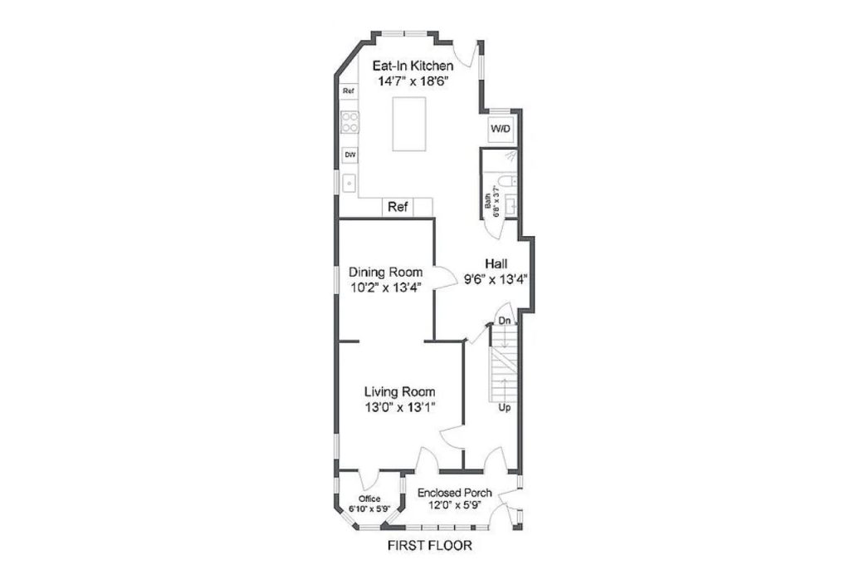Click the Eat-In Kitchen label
coord(413,66)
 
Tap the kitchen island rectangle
coord(408,125)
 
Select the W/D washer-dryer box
coord(501,129)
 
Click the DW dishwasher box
coord(350,155)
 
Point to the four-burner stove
coord(349,122)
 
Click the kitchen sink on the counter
coord(349,184)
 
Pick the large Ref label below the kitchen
coord(398,207)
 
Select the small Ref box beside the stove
coord(349,91)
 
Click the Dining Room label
coord(385,272)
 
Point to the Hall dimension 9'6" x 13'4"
coord(496,279)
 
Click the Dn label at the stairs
coord(505,321)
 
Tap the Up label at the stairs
coord(504,408)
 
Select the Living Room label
coord(399,392)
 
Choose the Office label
coord(369,499)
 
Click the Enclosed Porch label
coord(455,493)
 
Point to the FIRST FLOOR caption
coord(430,545)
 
